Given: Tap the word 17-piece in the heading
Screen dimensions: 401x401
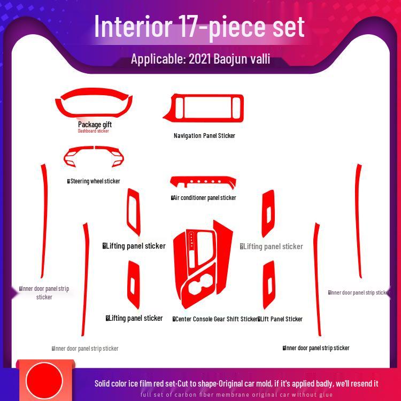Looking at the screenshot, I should point(219,27).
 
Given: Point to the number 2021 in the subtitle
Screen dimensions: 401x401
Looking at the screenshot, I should point(199,59).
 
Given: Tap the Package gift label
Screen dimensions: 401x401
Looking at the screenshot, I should point(95,124).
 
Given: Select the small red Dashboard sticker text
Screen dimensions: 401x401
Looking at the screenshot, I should point(93,131).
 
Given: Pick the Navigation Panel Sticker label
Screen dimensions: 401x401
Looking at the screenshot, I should point(204,136).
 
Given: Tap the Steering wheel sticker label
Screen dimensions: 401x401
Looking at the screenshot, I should point(95,181).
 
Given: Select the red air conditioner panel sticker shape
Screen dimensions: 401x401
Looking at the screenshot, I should point(203,182).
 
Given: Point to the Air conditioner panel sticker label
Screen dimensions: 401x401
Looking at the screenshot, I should point(204,198).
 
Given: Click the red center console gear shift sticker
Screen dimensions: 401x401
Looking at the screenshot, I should point(203,267).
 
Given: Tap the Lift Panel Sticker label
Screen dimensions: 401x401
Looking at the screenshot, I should point(281,319).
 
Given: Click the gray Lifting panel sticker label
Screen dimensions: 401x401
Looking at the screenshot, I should point(273,246).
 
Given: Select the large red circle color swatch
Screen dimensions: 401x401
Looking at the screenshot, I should point(40,380).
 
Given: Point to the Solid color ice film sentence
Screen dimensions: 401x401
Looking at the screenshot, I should point(236,383).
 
